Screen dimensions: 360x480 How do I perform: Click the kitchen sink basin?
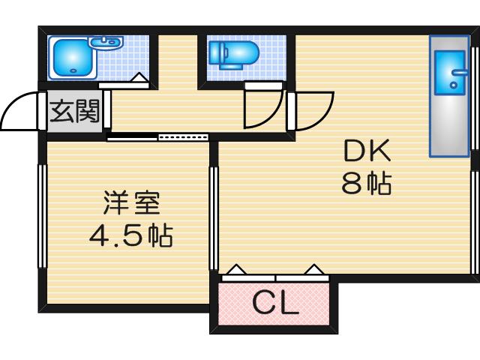coord(453,76)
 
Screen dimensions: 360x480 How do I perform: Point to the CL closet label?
coord(275,303)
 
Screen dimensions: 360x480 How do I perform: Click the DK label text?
coord(367,153)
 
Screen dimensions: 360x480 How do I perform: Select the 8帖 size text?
coord(367,183)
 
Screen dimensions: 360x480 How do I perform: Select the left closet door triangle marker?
coord(236,268)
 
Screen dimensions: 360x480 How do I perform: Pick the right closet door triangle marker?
coord(313,268)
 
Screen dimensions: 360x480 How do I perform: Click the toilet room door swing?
coord(262,111)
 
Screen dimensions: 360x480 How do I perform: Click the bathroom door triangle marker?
coord(139,76)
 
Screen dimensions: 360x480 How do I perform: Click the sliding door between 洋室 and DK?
coord(214,217)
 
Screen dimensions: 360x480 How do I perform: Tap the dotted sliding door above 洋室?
coord(184,137)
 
